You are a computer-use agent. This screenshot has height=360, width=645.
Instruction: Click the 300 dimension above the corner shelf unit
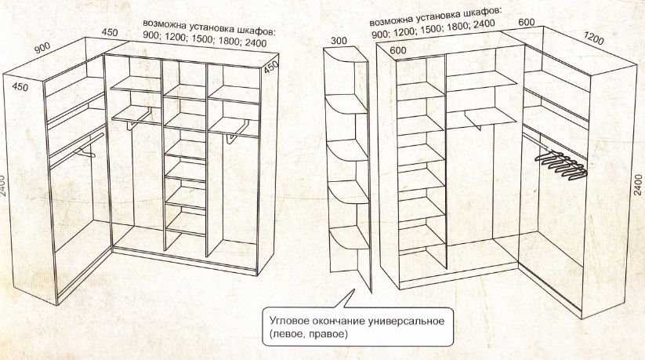pos(339,41)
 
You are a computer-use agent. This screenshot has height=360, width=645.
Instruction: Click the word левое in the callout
pos(288,333)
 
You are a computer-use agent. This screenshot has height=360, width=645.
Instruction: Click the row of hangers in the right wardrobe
pos(563,165)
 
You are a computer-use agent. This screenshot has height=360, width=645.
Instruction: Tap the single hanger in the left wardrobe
pos(85,152)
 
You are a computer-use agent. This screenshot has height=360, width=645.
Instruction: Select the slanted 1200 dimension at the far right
pos(593,38)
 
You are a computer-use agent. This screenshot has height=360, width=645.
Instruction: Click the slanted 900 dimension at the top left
pos(42,47)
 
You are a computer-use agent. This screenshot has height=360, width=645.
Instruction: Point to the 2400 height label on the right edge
pos(638,184)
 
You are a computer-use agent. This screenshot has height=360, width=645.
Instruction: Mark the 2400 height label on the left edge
pos(3,186)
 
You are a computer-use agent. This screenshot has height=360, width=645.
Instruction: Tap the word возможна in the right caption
pos(391,20)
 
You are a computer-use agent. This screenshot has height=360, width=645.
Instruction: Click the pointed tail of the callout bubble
pos(353,290)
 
